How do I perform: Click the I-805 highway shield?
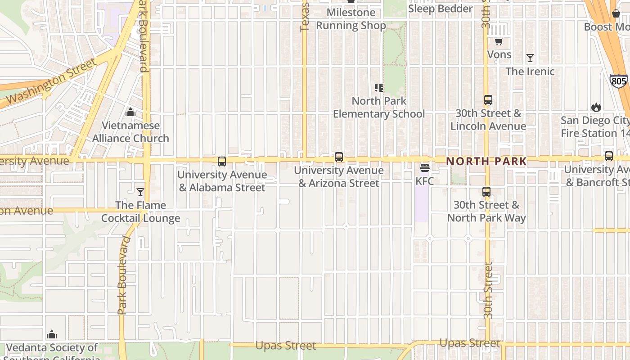(619, 81)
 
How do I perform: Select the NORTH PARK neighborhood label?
(486, 161)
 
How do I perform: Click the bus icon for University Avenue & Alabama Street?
(221, 162)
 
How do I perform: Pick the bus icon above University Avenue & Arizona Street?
(339, 157)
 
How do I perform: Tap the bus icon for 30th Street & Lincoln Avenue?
(488, 100)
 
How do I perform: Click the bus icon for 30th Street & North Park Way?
(486, 192)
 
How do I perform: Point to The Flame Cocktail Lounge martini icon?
(140, 192)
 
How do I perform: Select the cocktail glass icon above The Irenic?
(530, 58)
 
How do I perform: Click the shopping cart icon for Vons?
(499, 42)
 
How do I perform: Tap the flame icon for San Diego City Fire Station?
(596, 107)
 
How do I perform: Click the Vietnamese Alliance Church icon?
(130, 112)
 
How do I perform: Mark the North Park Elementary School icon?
(379, 88)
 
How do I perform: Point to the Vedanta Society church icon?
(52, 334)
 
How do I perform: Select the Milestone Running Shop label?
(351, 19)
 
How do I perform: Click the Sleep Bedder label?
(440, 9)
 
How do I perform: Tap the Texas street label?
(305, 17)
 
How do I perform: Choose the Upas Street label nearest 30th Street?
(469, 343)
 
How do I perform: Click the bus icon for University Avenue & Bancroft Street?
(609, 156)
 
